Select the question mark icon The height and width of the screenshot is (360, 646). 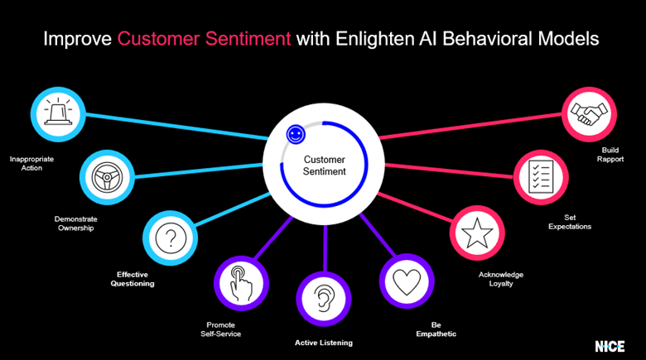[171, 239]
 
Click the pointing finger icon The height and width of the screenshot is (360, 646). [240, 283]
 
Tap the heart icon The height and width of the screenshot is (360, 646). [407, 283]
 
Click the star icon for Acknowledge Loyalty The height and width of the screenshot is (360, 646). [478, 234]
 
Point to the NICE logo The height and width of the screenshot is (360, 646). [610, 345]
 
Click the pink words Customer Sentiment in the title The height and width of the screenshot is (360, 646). [204, 39]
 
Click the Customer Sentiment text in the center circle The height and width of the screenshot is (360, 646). [324, 166]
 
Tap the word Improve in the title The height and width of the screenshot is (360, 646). [78, 39]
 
